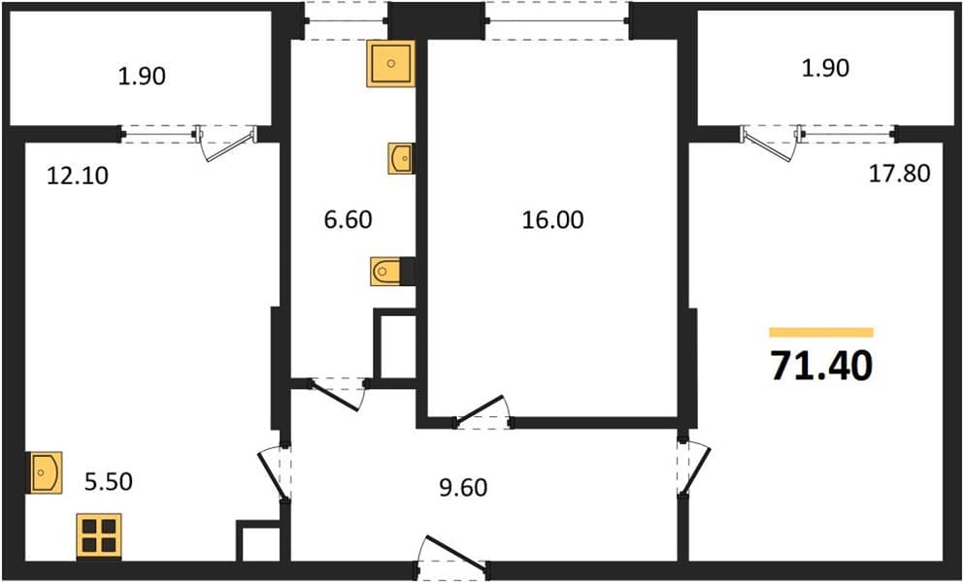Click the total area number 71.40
coord(821,367)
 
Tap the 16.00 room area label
coord(552,220)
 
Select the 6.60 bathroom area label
coord(348,219)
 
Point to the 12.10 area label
coord(78,177)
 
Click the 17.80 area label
coord(899,174)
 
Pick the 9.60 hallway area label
coord(463,488)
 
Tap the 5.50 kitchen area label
coord(108,482)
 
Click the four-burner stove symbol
coord(99,535)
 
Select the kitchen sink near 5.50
coord(45,472)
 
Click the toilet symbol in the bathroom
coord(386,272)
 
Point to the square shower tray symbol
coord(390,63)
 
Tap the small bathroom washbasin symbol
coord(400,158)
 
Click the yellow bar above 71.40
coord(821,333)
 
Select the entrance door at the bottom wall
coord(451,557)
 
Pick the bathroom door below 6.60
coord(337,393)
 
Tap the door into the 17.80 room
coord(694,469)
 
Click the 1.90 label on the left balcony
coord(142,77)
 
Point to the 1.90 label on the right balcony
coord(825,68)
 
